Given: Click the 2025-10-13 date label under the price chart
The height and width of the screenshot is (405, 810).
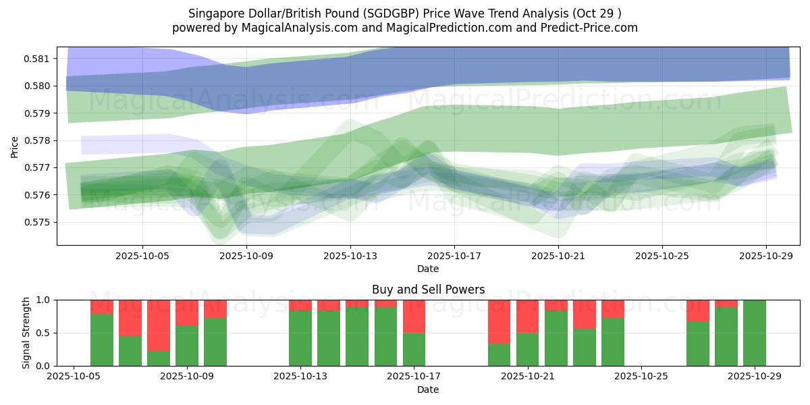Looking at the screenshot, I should tap(350, 256).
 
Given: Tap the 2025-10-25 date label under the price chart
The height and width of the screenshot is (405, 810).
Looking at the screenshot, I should tap(662, 256).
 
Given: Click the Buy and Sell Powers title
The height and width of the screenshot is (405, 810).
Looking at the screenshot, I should tap(428, 290).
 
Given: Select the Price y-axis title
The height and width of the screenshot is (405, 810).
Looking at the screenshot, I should tap(16, 146).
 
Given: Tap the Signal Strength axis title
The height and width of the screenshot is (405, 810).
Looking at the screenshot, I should tap(26, 333).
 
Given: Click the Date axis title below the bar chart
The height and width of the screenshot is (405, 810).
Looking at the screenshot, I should tap(428, 389).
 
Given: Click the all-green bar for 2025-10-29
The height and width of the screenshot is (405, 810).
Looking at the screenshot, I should tap(755, 333).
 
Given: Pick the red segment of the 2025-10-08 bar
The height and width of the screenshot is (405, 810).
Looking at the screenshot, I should tap(159, 325).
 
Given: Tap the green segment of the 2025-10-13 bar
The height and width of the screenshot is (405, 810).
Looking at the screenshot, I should tap(300, 337).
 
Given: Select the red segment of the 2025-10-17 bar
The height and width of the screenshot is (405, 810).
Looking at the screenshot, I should tap(414, 316).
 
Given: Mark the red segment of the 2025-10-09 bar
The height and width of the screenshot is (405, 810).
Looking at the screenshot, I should tap(187, 312).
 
